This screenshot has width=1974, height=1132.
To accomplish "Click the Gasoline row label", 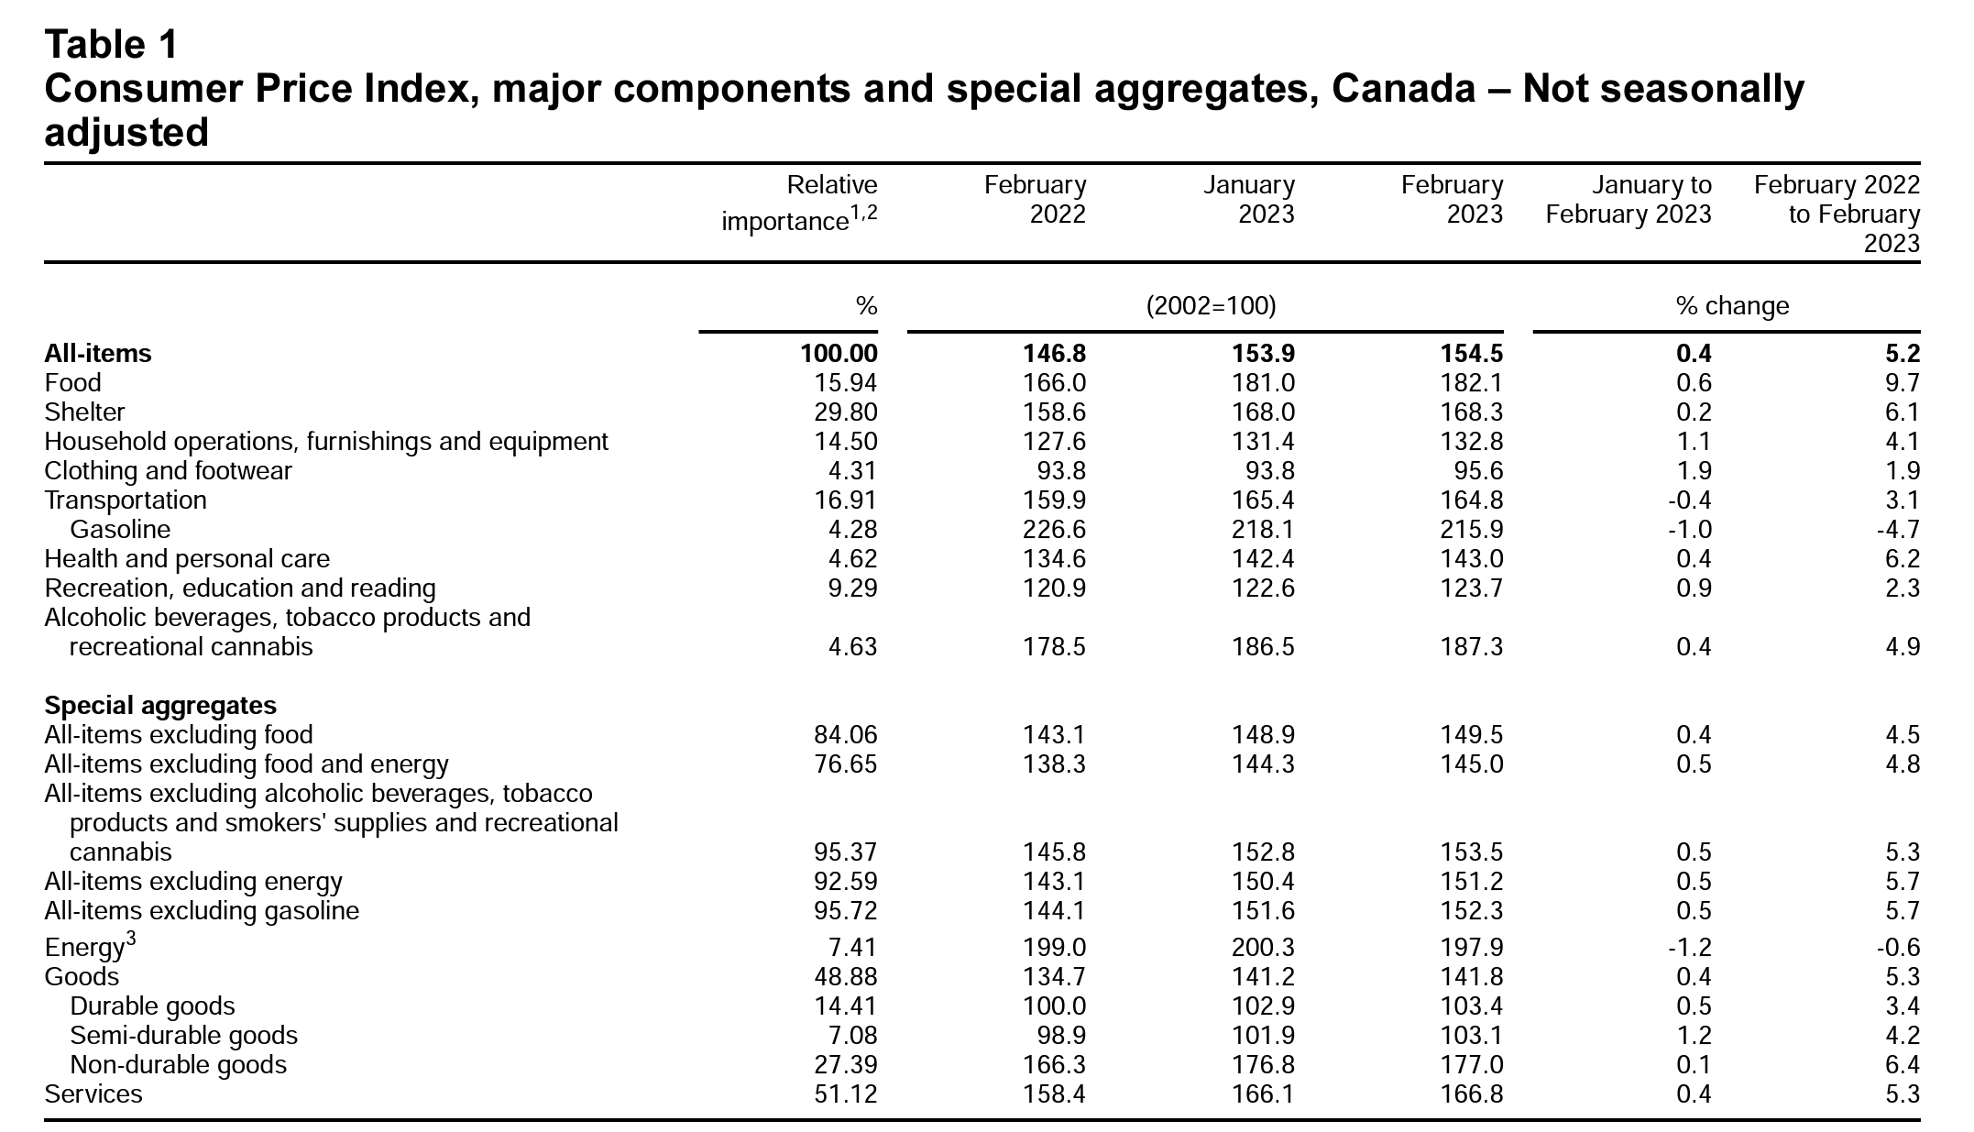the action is pyautogui.click(x=120, y=530).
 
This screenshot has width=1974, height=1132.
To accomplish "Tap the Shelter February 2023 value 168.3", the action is pyautogui.click(x=1471, y=412).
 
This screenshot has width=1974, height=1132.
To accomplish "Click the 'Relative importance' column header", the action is pyautogui.click(x=799, y=203).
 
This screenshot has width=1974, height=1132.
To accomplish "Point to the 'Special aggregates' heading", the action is pyautogui.click(x=160, y=706).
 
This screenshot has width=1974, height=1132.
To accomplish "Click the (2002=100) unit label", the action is pyautogui.click(x=1211, y=305).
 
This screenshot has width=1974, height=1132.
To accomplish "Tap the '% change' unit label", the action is pyautogui.click(x=1732, y=305).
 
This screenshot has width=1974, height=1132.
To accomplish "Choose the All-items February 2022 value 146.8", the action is pyautogui.click(x=1054, y=354).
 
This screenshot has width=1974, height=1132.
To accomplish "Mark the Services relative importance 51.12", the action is pyautogui.click(x=845, y=1094).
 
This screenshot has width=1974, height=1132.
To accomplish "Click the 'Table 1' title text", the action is pyautogui.click(x=112, y=43).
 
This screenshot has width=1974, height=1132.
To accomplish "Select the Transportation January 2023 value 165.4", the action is pyautogui.click(x=1263, y=500).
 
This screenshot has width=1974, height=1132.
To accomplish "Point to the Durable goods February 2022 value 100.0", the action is pyautogui.click(x=1054, y=1006).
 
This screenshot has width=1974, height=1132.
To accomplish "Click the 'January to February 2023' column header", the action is pyautogui.click(x=1629, y=199).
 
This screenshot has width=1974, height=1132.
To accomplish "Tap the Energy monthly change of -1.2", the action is pyautogui.click(x=1692, y=948).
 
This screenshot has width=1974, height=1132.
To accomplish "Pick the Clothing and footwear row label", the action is pyautogui.click(x=168, y=471).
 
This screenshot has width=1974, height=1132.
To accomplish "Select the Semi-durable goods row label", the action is pyautogui.click(x=183, y=1036).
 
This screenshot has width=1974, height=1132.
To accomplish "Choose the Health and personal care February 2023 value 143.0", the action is pyautogui.click(x=1471, y=559).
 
